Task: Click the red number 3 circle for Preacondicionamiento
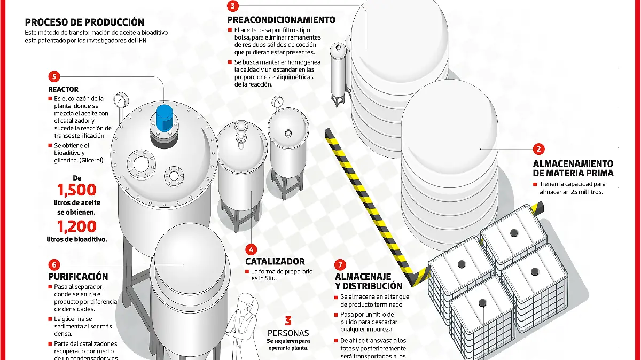(x=233, y=6)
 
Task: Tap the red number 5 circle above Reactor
(x=54, y=76)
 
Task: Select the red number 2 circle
(x=538, y=149)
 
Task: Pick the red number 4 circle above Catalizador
(x=251, y=249)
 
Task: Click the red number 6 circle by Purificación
(x=54, y=265)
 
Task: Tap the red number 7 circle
(x=340, y=265)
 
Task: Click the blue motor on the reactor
(x=165, y=118)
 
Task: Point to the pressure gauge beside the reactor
(x=121, y=100)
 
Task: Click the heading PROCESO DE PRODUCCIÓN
(x=85, y=22)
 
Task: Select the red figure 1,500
(x=77, y=190)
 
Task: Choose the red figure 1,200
(x=77, y=226)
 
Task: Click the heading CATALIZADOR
(x=275, y=261)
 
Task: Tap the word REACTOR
(x=63, y=89)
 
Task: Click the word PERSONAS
(x=288, y=333)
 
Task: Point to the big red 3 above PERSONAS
(x=288, y=321)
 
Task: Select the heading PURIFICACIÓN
(x=78, y=277)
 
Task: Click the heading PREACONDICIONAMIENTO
(x=281, y=20)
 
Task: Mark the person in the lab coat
(x=243, y=326)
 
